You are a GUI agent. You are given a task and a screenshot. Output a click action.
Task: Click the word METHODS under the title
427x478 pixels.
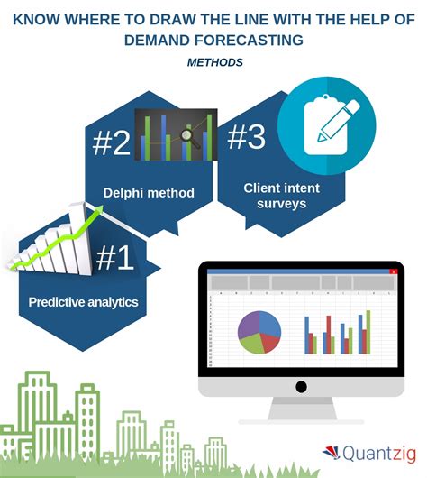point(214,62)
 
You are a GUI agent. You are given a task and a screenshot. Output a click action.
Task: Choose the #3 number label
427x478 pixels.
point(248,138)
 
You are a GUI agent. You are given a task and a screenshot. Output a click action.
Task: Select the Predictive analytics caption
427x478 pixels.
point(83,302)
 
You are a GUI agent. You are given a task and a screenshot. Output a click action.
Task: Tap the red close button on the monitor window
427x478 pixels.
point(394,271)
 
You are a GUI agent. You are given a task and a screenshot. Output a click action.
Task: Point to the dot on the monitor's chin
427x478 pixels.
point(300,386)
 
